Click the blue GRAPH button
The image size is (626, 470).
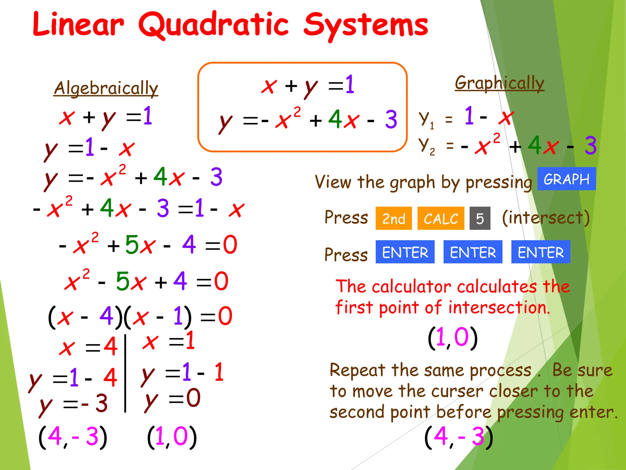tap(566, 179)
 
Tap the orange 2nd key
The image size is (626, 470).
tap(394, 218)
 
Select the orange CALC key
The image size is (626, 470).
tap(441, 218)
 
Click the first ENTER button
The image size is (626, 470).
tap(405, 252)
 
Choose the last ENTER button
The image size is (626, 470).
tap(540, 252)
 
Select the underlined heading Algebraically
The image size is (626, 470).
tap(106, 88)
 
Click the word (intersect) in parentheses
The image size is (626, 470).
tap(546, 218)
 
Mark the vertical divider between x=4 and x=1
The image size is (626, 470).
tap(125, 373)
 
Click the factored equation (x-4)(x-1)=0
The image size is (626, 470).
tap(140, 317)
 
